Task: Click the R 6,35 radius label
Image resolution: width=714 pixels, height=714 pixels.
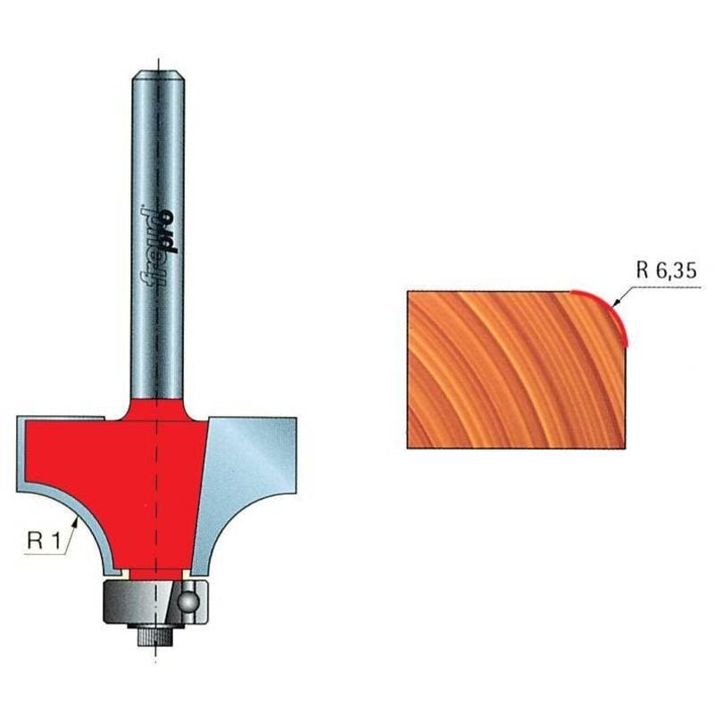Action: pos(666,271)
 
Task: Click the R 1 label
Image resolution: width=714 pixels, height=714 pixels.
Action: pos(44,541)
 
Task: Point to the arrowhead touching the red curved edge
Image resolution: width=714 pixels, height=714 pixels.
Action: pos(618,302)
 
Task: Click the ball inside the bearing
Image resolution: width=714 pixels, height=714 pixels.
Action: pos(187,602)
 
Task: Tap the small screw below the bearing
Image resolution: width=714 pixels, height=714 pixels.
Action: pos(154,634)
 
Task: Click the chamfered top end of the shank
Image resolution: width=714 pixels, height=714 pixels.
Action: pos(158,75)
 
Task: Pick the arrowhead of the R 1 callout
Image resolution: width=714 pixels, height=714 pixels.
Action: pos(77,523)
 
